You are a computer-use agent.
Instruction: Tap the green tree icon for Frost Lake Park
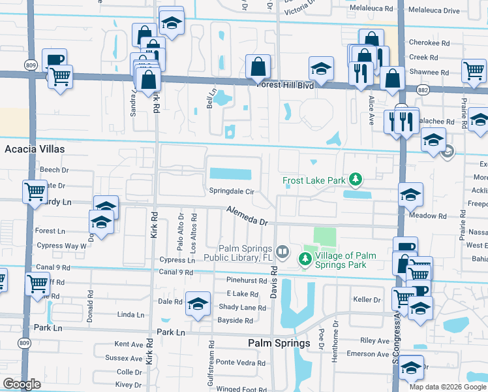point(355,178)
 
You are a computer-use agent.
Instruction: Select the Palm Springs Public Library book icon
point(282,252)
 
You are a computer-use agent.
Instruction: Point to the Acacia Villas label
point(35,149)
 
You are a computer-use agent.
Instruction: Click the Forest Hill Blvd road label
point(285,85)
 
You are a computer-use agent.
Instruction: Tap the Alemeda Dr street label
point(247,216)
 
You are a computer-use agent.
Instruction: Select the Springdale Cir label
point(231,191)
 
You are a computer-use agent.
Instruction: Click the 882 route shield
point(423,89)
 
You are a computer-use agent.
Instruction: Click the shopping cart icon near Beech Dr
point(35,191)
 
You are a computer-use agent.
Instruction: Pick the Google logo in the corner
point(22,384)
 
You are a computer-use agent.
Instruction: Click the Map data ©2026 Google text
point(447,386)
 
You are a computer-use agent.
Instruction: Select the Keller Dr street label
point(367,300)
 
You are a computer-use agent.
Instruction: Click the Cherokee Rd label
point(429,42)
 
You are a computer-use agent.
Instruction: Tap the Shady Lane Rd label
point(242,308)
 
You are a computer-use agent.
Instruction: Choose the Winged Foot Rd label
point(242,389)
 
